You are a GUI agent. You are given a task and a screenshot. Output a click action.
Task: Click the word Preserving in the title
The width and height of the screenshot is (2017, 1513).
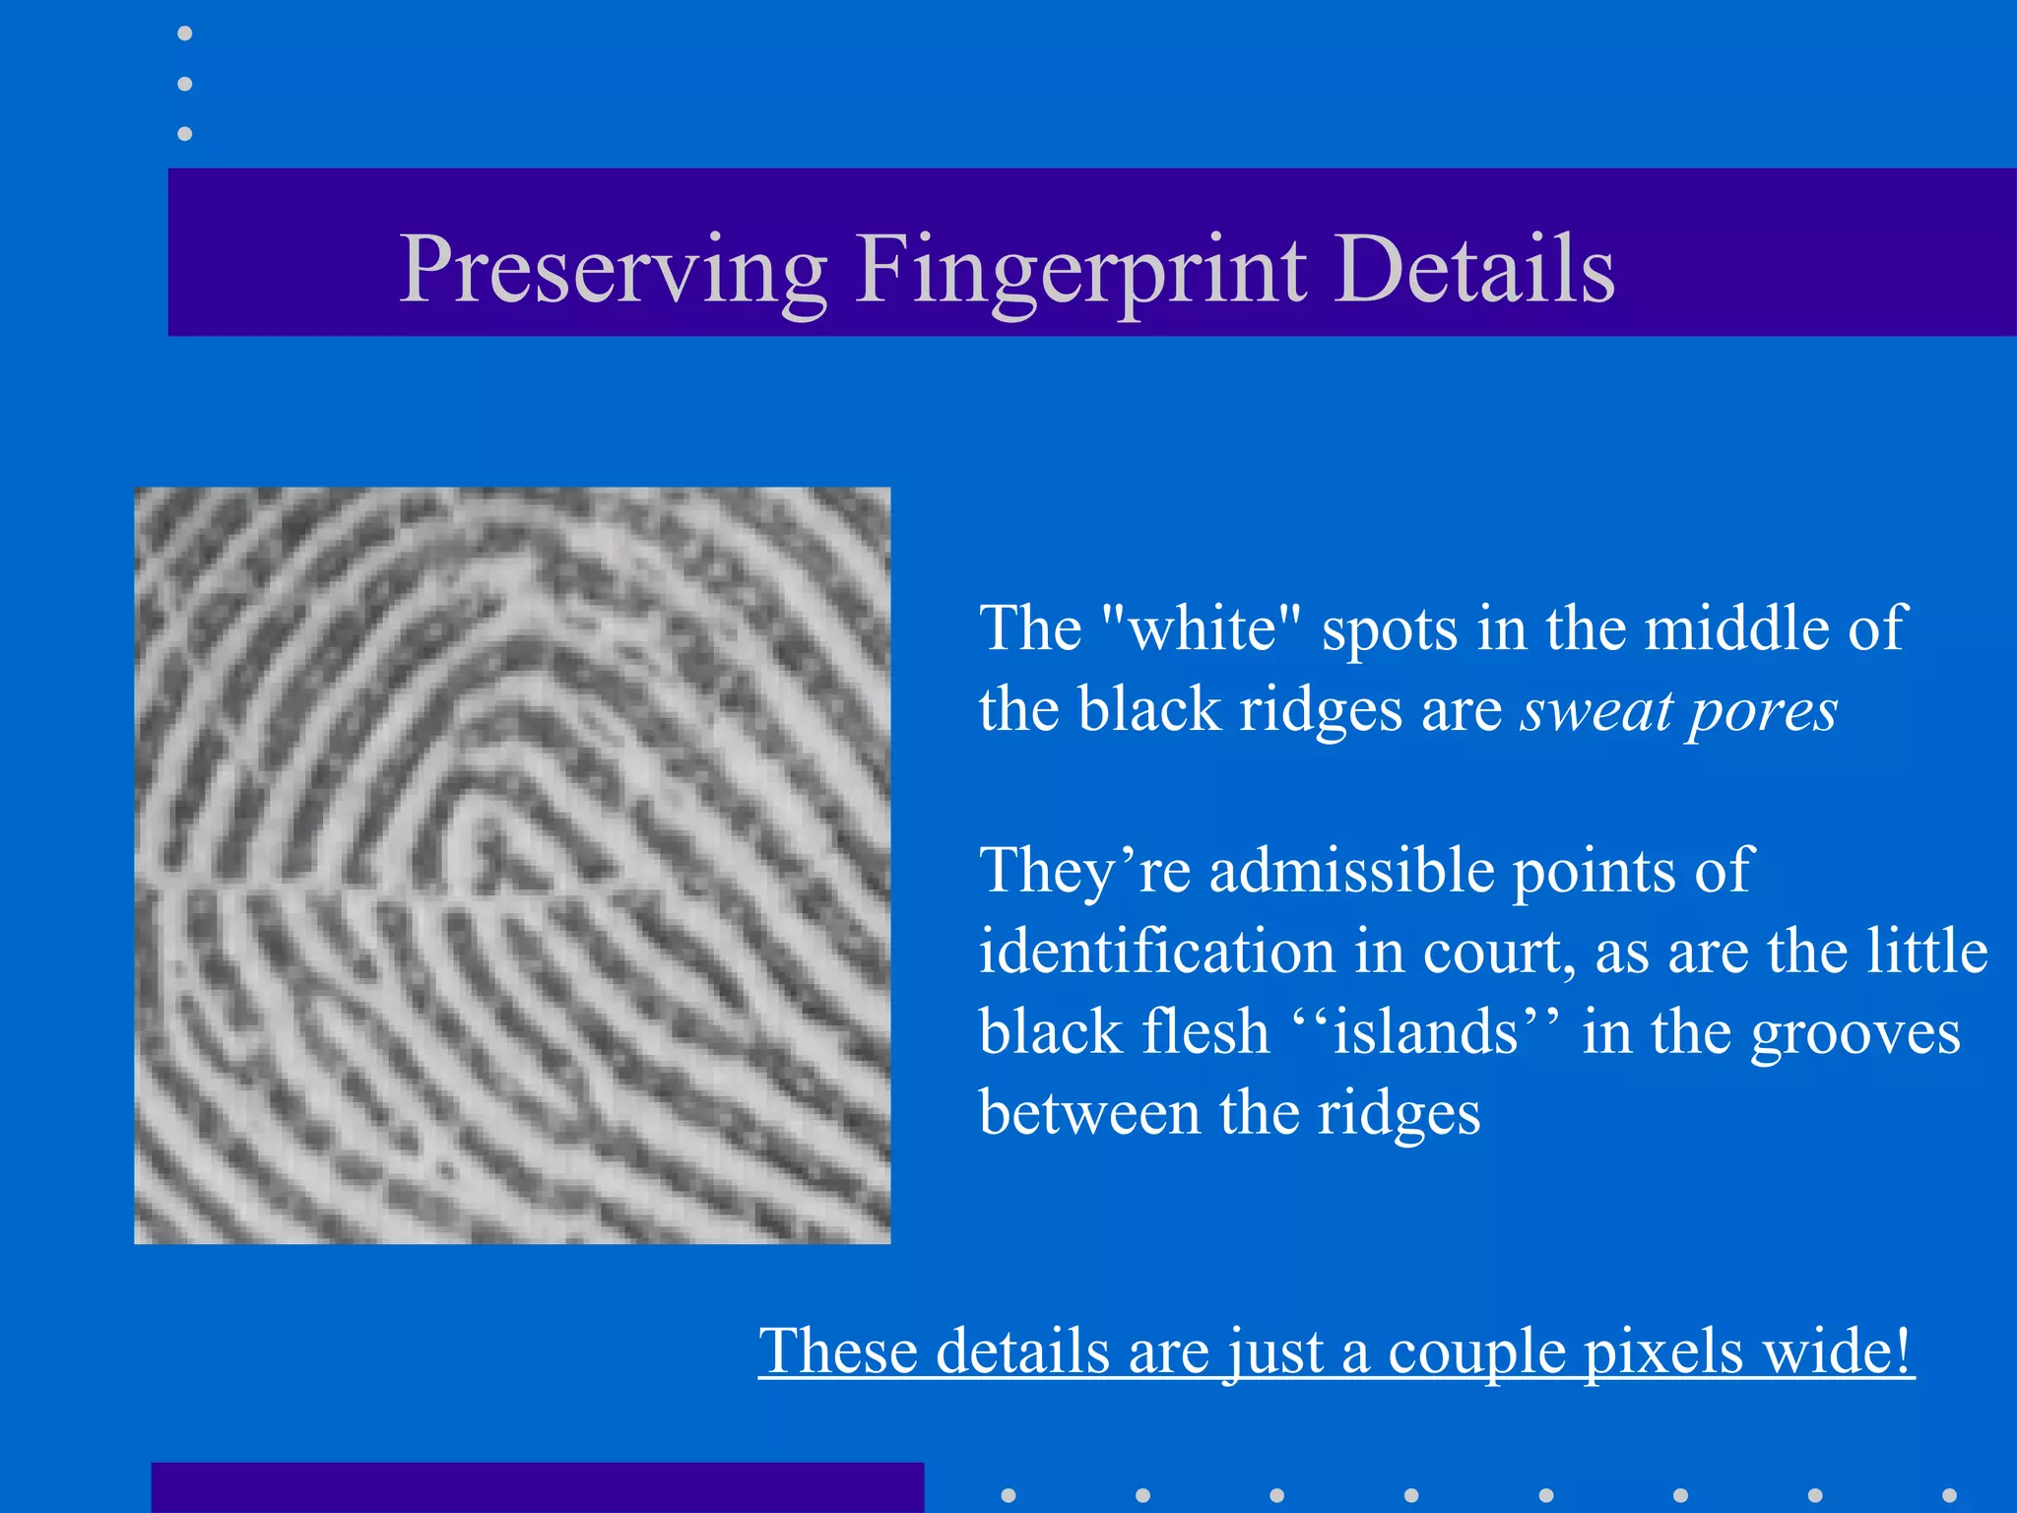coord(613,270)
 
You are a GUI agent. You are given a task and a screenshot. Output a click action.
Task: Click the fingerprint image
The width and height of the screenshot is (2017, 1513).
coord(512,865)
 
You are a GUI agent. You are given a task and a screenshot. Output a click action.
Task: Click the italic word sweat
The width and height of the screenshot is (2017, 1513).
coord(1595,709)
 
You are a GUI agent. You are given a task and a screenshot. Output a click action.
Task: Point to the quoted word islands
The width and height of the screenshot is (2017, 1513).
coord(1425,1032)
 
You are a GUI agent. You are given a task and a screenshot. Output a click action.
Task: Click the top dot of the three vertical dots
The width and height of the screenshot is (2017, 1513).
coord(184,33)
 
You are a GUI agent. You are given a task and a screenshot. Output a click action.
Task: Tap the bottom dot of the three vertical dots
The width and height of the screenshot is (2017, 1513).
coord(184,133)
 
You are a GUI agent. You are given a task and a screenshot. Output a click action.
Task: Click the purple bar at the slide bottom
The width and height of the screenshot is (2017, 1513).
coord(537,1487)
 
